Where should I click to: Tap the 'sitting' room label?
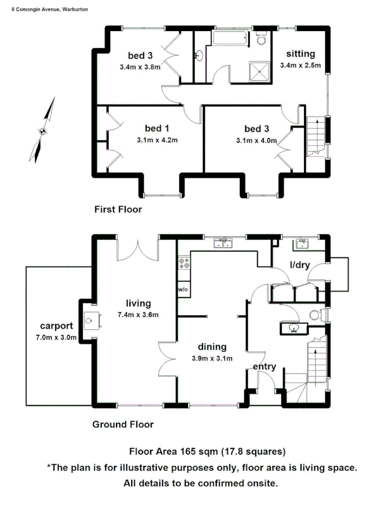(301, 54)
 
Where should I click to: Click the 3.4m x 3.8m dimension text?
(140, 67)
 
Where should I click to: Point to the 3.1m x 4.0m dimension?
(256, 140)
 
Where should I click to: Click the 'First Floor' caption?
(118, 210)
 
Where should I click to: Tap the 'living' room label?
(139, 303)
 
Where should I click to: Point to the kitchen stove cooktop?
(185, 264)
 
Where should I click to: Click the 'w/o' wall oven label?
(183, 289)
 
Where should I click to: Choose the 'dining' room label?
(212, 347)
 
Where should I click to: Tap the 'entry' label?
(264, 366)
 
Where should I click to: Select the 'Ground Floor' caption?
(123, 425)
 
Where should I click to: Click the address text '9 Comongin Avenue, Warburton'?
(50, 10)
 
